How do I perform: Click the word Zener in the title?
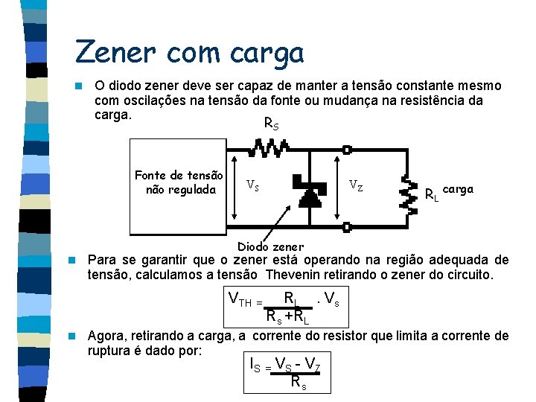[116, 52]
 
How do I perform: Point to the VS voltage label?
[253, 185]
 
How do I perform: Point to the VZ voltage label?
[356, 185]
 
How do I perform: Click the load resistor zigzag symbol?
[407, 191]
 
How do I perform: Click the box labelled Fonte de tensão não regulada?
[179, 182]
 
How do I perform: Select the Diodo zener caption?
[270, 246]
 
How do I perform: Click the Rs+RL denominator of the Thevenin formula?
[287, 317]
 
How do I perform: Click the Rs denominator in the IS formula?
[299, 383]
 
